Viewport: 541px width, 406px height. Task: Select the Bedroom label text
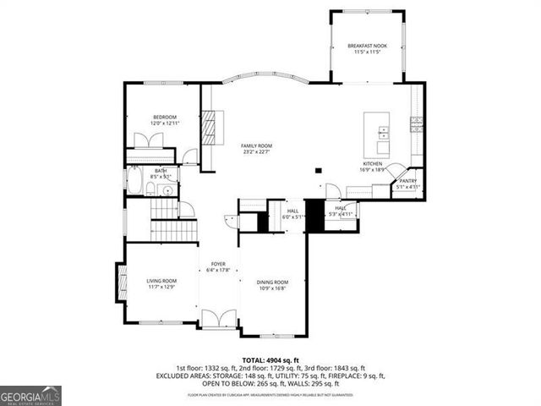(x=165, y=117)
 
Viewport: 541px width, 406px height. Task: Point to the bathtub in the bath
(x=134, y=180)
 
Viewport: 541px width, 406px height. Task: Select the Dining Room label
(x=273, y=282)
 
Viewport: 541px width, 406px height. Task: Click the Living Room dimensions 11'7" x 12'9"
(x=161, y=288)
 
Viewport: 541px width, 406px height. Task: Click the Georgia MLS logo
(x=30, y=395)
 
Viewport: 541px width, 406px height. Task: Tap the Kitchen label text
(x=373, y=163)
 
